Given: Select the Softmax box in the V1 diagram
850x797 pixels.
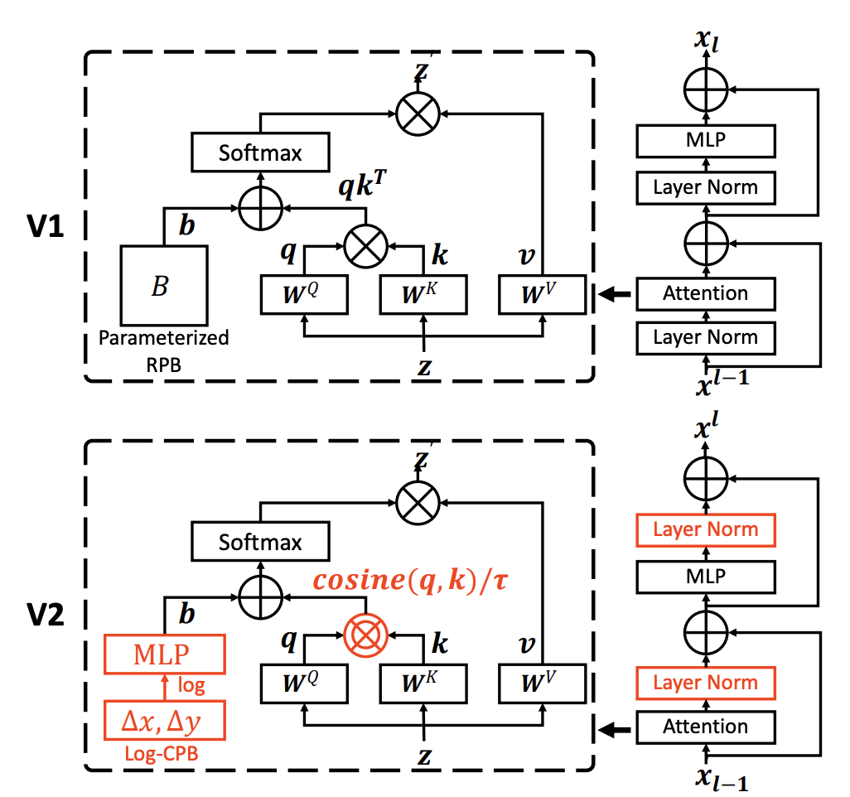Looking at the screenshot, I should coord(260,152).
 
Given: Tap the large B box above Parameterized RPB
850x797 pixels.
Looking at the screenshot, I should coord(162,285).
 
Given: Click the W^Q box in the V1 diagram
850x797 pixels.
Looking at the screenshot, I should coord(304,293).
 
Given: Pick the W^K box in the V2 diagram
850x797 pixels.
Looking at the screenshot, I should coord(423,683).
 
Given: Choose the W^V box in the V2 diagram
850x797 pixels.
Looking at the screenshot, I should coord(542,683).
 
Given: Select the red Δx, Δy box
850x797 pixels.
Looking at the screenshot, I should coord(162,722).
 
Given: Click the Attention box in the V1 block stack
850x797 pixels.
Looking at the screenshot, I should coord(705,293).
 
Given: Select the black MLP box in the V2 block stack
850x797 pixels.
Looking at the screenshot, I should coord(705,574).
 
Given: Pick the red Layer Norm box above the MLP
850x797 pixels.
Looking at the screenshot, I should coord(705,529).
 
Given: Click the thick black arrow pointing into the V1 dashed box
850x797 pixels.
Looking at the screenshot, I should coord(613,293).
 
